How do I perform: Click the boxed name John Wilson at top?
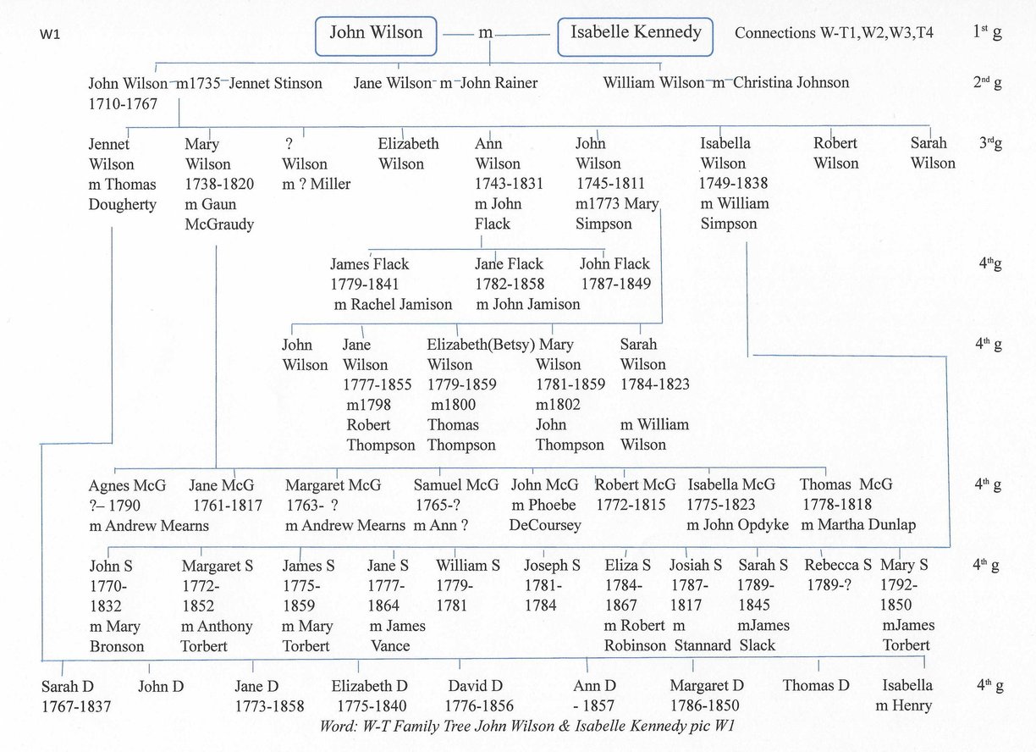click(x=376, y=36)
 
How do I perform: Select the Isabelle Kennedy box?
click(x=635, y=37)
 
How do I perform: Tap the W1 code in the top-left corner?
click(x=50, y=34)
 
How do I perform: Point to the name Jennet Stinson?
click(x=275, y=83)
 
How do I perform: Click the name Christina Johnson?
click(x=791, y=82)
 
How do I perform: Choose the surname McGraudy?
click(x=219, y=224)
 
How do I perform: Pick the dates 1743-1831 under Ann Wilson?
click(x=509, y=184)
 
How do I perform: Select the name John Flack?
click(x=614, y=263)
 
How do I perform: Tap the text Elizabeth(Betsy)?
click(x=481, y=345)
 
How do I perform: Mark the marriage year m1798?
click(x=368, y=405)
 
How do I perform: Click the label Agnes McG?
click(x=127, y=485)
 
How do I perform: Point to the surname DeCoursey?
click(x=545, y=525)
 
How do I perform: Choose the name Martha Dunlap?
click(x=866, y=524)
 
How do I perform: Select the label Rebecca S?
click(x=838, y=565)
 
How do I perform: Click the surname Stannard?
click(x=703, y=645)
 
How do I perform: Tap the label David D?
click(x=475, y=685)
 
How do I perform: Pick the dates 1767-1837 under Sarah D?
click(x=76, y=706)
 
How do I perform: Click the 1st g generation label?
click(x=988, y=31)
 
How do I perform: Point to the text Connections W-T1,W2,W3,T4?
click(x=834, y=33)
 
